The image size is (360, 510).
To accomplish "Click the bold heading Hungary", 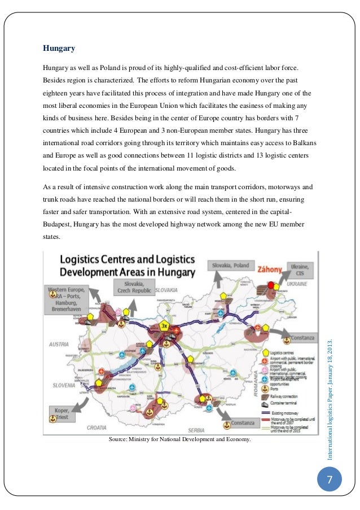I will coord(59,48).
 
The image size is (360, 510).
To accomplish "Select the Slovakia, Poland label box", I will coord(231,266).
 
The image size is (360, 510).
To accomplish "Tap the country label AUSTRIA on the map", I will coord(58,344).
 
